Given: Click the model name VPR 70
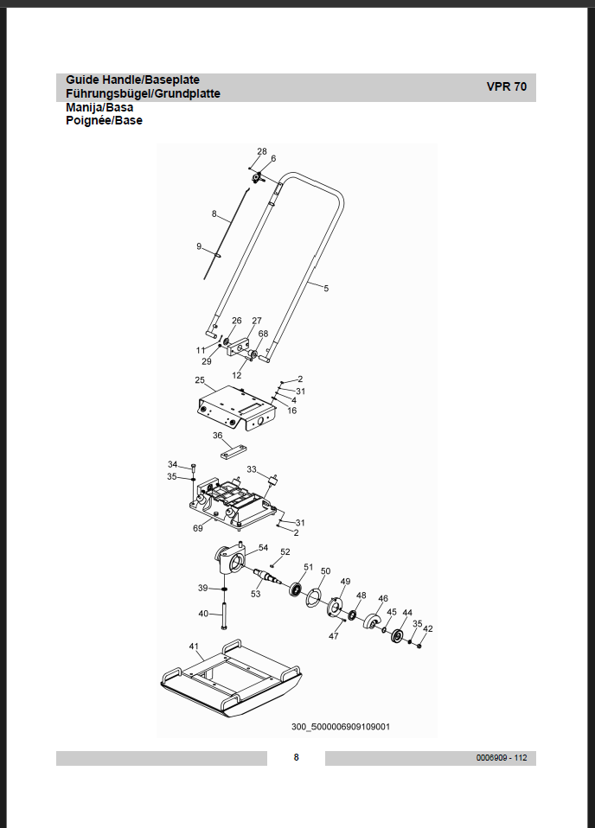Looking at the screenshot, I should coord(507,87).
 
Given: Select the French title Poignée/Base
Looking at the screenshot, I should coord(104,121).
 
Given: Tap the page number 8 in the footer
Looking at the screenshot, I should coord(296,758).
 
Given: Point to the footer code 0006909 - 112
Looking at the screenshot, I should coord(502,758).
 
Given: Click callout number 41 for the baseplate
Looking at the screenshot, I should coord(194,646).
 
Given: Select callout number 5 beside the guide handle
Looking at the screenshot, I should coord(326,289).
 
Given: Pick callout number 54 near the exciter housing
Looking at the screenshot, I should coord(263,548).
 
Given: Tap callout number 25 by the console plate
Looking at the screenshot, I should coord(199,380).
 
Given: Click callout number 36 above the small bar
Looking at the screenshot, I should coord(218,436).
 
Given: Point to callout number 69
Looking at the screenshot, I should coord(197,528).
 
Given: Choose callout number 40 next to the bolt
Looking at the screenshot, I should coord(203,614).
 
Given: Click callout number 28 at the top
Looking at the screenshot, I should coord(262,152).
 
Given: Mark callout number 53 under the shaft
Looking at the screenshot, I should coord(256,594).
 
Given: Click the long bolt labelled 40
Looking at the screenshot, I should coord(224,615).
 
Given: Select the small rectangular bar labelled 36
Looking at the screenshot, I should coord(233,452).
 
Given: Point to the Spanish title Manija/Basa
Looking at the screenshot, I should coord(99,108).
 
